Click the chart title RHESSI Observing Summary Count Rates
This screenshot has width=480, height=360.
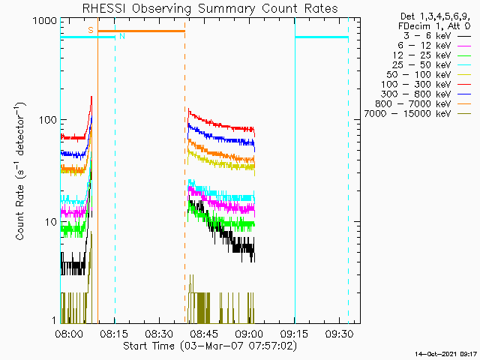(x=210, y=9)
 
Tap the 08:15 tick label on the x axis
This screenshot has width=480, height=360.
(x=114, y=334)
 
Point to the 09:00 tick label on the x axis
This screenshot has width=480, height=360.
(x=249, y=334)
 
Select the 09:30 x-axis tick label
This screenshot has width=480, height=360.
(x=339, y=334)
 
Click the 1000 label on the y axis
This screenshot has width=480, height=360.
(x=45, y=21)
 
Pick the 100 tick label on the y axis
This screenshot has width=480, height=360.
(x=48, y=120)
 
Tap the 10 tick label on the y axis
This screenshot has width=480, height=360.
(x=51, y=222)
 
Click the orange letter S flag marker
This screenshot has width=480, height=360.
(x=91, y=30)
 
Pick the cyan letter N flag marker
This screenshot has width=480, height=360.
(x=122, y=36)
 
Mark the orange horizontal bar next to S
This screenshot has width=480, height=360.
(x=141, y=31)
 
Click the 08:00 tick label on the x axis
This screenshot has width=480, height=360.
(x=69, y=334)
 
